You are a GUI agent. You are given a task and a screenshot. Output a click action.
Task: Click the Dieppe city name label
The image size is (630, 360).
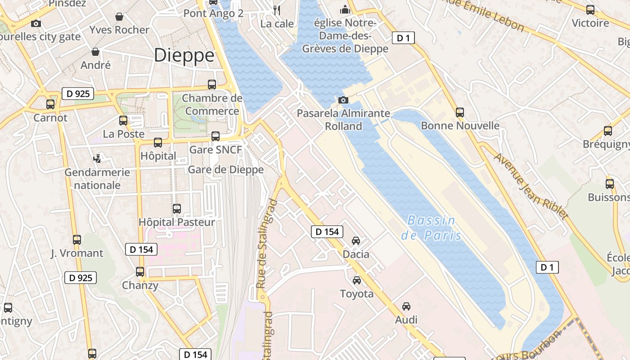184,55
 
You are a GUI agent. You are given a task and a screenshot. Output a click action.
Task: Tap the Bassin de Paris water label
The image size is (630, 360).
431,228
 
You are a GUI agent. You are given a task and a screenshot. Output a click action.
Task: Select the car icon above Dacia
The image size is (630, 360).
356,241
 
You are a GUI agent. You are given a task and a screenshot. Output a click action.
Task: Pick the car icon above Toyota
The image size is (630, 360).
357,280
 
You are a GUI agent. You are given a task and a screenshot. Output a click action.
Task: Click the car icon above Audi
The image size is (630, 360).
406,306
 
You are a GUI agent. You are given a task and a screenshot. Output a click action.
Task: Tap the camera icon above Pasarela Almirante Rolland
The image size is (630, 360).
343,100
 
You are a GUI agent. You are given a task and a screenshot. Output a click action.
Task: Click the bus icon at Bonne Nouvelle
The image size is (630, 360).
459,112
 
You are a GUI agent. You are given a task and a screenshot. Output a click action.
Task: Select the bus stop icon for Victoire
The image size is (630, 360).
590,9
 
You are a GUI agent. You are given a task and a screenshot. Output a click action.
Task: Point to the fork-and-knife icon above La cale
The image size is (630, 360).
277,10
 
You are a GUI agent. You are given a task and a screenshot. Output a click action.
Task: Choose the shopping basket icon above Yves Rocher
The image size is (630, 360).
119,17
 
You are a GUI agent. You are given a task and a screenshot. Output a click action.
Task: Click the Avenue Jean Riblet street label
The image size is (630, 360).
531,186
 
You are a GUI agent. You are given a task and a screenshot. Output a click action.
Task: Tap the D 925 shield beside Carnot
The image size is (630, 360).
78,94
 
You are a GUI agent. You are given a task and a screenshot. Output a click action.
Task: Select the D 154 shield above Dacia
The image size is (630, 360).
327,232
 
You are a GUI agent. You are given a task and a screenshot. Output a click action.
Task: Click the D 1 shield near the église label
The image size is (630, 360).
403,38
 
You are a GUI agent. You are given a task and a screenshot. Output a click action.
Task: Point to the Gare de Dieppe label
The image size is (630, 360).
225,170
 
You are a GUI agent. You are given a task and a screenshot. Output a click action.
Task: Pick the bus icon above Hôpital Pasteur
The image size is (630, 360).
177,209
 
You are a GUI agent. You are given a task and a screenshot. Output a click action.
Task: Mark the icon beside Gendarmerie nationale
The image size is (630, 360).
97,158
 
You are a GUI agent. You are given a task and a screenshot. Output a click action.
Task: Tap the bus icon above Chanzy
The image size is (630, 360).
140,272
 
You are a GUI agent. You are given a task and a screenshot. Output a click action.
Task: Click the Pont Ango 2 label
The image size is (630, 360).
213,13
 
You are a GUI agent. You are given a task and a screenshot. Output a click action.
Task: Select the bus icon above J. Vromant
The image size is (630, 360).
77,240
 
